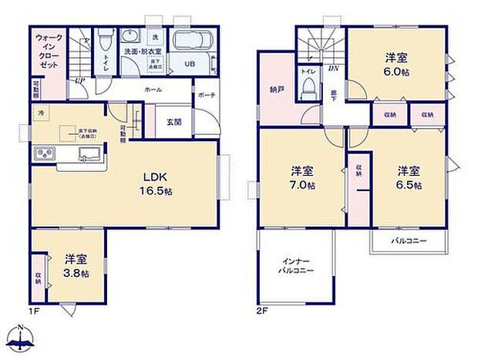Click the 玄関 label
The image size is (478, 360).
point(173,121)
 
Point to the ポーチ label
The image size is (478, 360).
point(207,96)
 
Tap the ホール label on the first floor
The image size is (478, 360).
point(152,90)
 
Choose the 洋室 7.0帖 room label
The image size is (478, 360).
point(302,178)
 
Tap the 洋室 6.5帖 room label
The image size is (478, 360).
point(409,178)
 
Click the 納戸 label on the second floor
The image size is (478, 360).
point(278,90)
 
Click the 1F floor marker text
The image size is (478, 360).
point(34,311)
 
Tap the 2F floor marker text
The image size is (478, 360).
point(262,311)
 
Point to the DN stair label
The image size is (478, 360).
point(335,69)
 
